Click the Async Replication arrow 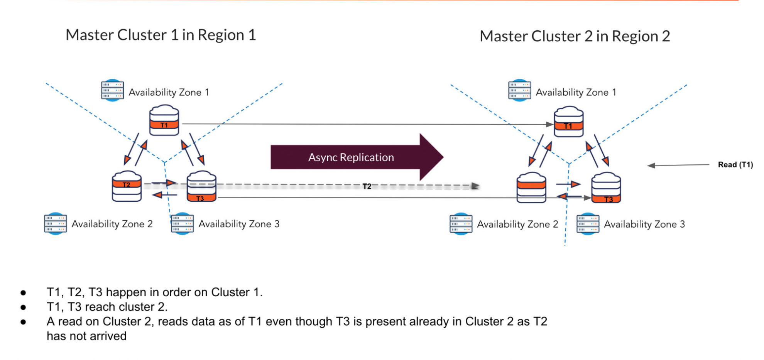point(351,157)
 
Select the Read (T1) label point(735,165)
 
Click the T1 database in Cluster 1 point(164,121)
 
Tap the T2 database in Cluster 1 point(127,186)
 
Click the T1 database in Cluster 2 point(568,122)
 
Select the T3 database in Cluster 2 point(606,188)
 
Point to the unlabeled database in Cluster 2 point(531,188)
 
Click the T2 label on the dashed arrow point(367,187)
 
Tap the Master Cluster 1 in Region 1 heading point(161,35)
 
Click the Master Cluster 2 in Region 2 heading point(575,36)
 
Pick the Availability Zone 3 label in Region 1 point(239,224)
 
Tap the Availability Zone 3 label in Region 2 point(644,224)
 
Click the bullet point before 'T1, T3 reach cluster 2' point(24,308)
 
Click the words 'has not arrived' point(86,336)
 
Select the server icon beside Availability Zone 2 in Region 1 point(55,223)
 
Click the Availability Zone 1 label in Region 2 point(576,92)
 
